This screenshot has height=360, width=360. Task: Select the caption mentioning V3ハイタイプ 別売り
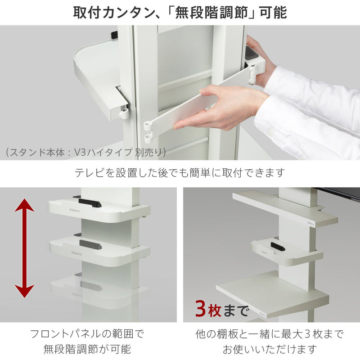(x=85, y=152)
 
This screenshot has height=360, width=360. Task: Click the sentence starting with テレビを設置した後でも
(x=180, y=172)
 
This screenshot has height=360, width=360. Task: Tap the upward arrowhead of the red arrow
(x=24, y=208)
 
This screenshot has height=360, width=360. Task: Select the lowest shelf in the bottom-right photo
(x=270, y=292)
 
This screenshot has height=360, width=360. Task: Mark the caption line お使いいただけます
(x=270, y=349)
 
